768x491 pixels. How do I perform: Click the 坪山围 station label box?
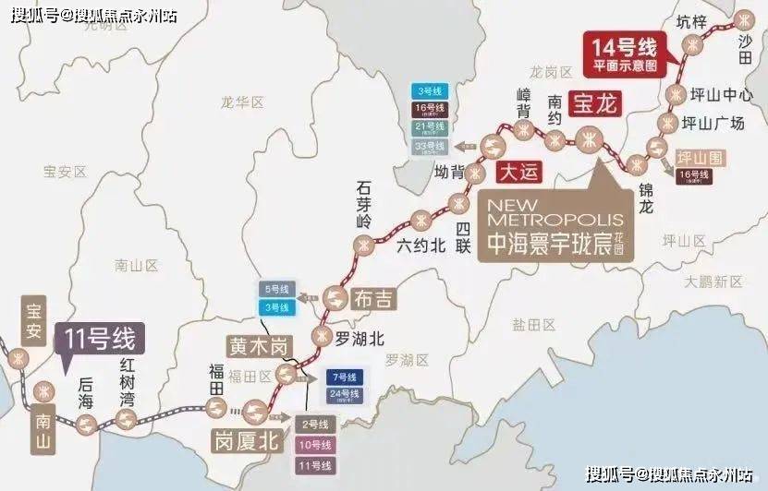click(698, 156)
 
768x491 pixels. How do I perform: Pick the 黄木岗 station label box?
click(259, 346)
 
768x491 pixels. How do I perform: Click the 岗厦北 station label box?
click(245, 440)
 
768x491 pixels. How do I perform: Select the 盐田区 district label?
click(531, 324)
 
